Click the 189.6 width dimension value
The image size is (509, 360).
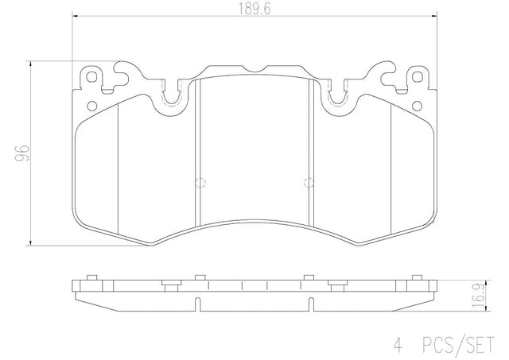tap(254, 10)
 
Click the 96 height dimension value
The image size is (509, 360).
tap(24, 153)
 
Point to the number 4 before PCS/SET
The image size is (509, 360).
tap(398, 345)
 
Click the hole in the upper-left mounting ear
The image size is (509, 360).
tap(92, 77)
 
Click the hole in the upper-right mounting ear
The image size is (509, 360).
tap(417, 77)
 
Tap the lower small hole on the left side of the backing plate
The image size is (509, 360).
tap(92, 106)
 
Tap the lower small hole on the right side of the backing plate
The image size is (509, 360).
tap(417, 106)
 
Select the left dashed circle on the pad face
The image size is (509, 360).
tap(200, 183)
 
